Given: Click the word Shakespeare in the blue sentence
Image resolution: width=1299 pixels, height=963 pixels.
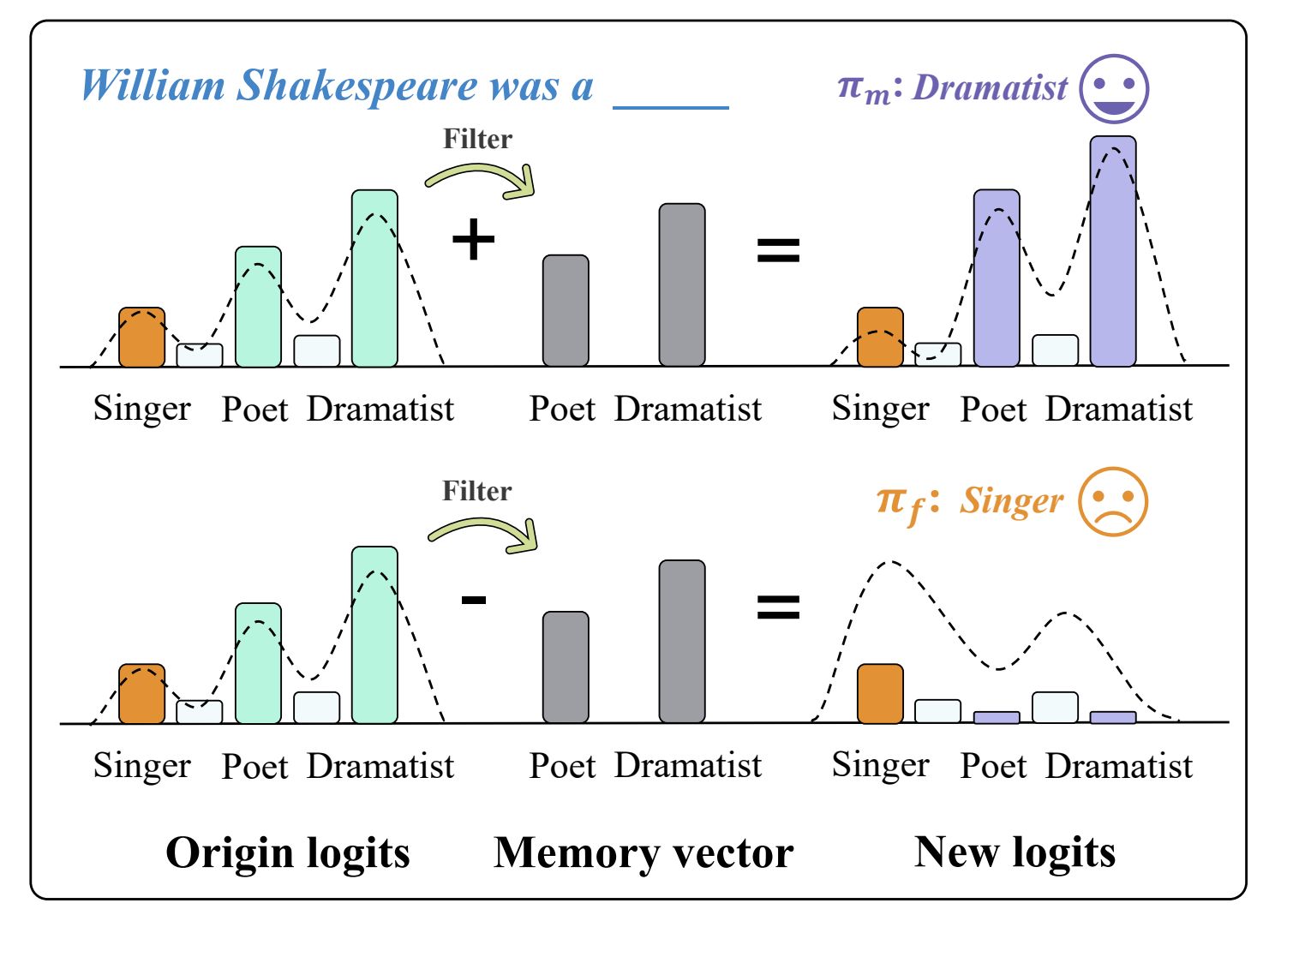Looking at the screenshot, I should tap(356, 87).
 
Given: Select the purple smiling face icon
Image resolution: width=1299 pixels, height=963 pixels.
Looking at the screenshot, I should tap(1113, 89).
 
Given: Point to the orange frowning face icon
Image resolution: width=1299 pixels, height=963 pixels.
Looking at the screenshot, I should tap(1112, 502).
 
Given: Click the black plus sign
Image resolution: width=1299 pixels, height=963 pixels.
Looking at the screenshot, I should tap(473, 239).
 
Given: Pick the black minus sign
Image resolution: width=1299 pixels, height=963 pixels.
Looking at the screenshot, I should tap(474, 599).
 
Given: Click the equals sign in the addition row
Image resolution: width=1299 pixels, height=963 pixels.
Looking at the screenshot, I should tap(778, 250).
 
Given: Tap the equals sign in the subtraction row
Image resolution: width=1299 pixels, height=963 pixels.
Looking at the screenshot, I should tap(778, 607).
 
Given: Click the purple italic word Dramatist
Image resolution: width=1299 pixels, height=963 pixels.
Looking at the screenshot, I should tap(991, 87).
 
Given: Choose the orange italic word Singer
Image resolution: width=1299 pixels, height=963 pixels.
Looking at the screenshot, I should tap(1011, 500).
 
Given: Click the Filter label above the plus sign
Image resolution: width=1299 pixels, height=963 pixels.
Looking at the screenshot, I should tap(477, 139).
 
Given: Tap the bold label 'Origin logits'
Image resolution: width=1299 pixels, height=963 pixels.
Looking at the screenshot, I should tap(288, 852).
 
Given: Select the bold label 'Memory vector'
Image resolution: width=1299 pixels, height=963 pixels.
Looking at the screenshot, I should tap(644, 852).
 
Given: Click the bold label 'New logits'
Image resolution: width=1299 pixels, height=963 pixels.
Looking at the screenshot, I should tap(1015, 852).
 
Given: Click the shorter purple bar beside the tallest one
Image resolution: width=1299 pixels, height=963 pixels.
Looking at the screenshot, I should tap(997, 278).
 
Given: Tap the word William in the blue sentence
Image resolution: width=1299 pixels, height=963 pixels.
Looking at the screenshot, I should tap(153, 87).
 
